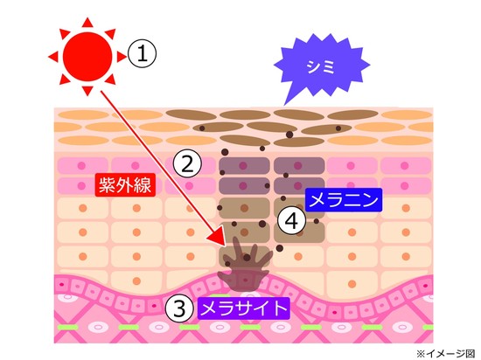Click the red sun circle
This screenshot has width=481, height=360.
pyautogui.click(x=87, y=57)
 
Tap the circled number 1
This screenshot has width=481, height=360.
pyautogui.click(x=142, y=54)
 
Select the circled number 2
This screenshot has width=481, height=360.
pyautogui.click(x=187, y=163)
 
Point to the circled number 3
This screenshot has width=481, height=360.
pyautogui.click(x=180, y=308)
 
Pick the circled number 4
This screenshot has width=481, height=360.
pyautogui.click(x=292, y=220)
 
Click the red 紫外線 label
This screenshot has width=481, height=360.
pyautogui.click(x=125, y=184)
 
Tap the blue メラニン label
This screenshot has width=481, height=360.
pyautogui.click(x=344, y=200)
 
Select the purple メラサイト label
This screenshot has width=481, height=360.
pyautogui.click(x=244, y=308)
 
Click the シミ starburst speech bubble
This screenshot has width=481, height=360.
pyautogui.click(x=322, y=66)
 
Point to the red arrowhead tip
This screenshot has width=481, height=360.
pyautogui.click(x=226, y=246)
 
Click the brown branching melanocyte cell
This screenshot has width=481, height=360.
pyautogui.click(x=245, y=265)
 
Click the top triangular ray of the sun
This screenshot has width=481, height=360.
pyautogui.click(x=87, y=24)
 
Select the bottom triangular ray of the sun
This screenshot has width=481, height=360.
pyautogui.click(x=87, y=90)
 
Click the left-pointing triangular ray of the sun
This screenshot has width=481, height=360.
pyautogui.click(x=54, y=57)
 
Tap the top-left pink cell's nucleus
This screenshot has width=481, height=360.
pyautogui.click(x=81, y=166)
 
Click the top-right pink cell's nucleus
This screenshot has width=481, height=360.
pyautogui.click(x=405, y=166)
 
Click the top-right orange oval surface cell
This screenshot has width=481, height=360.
pyautogui.click(x=407, y=114)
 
